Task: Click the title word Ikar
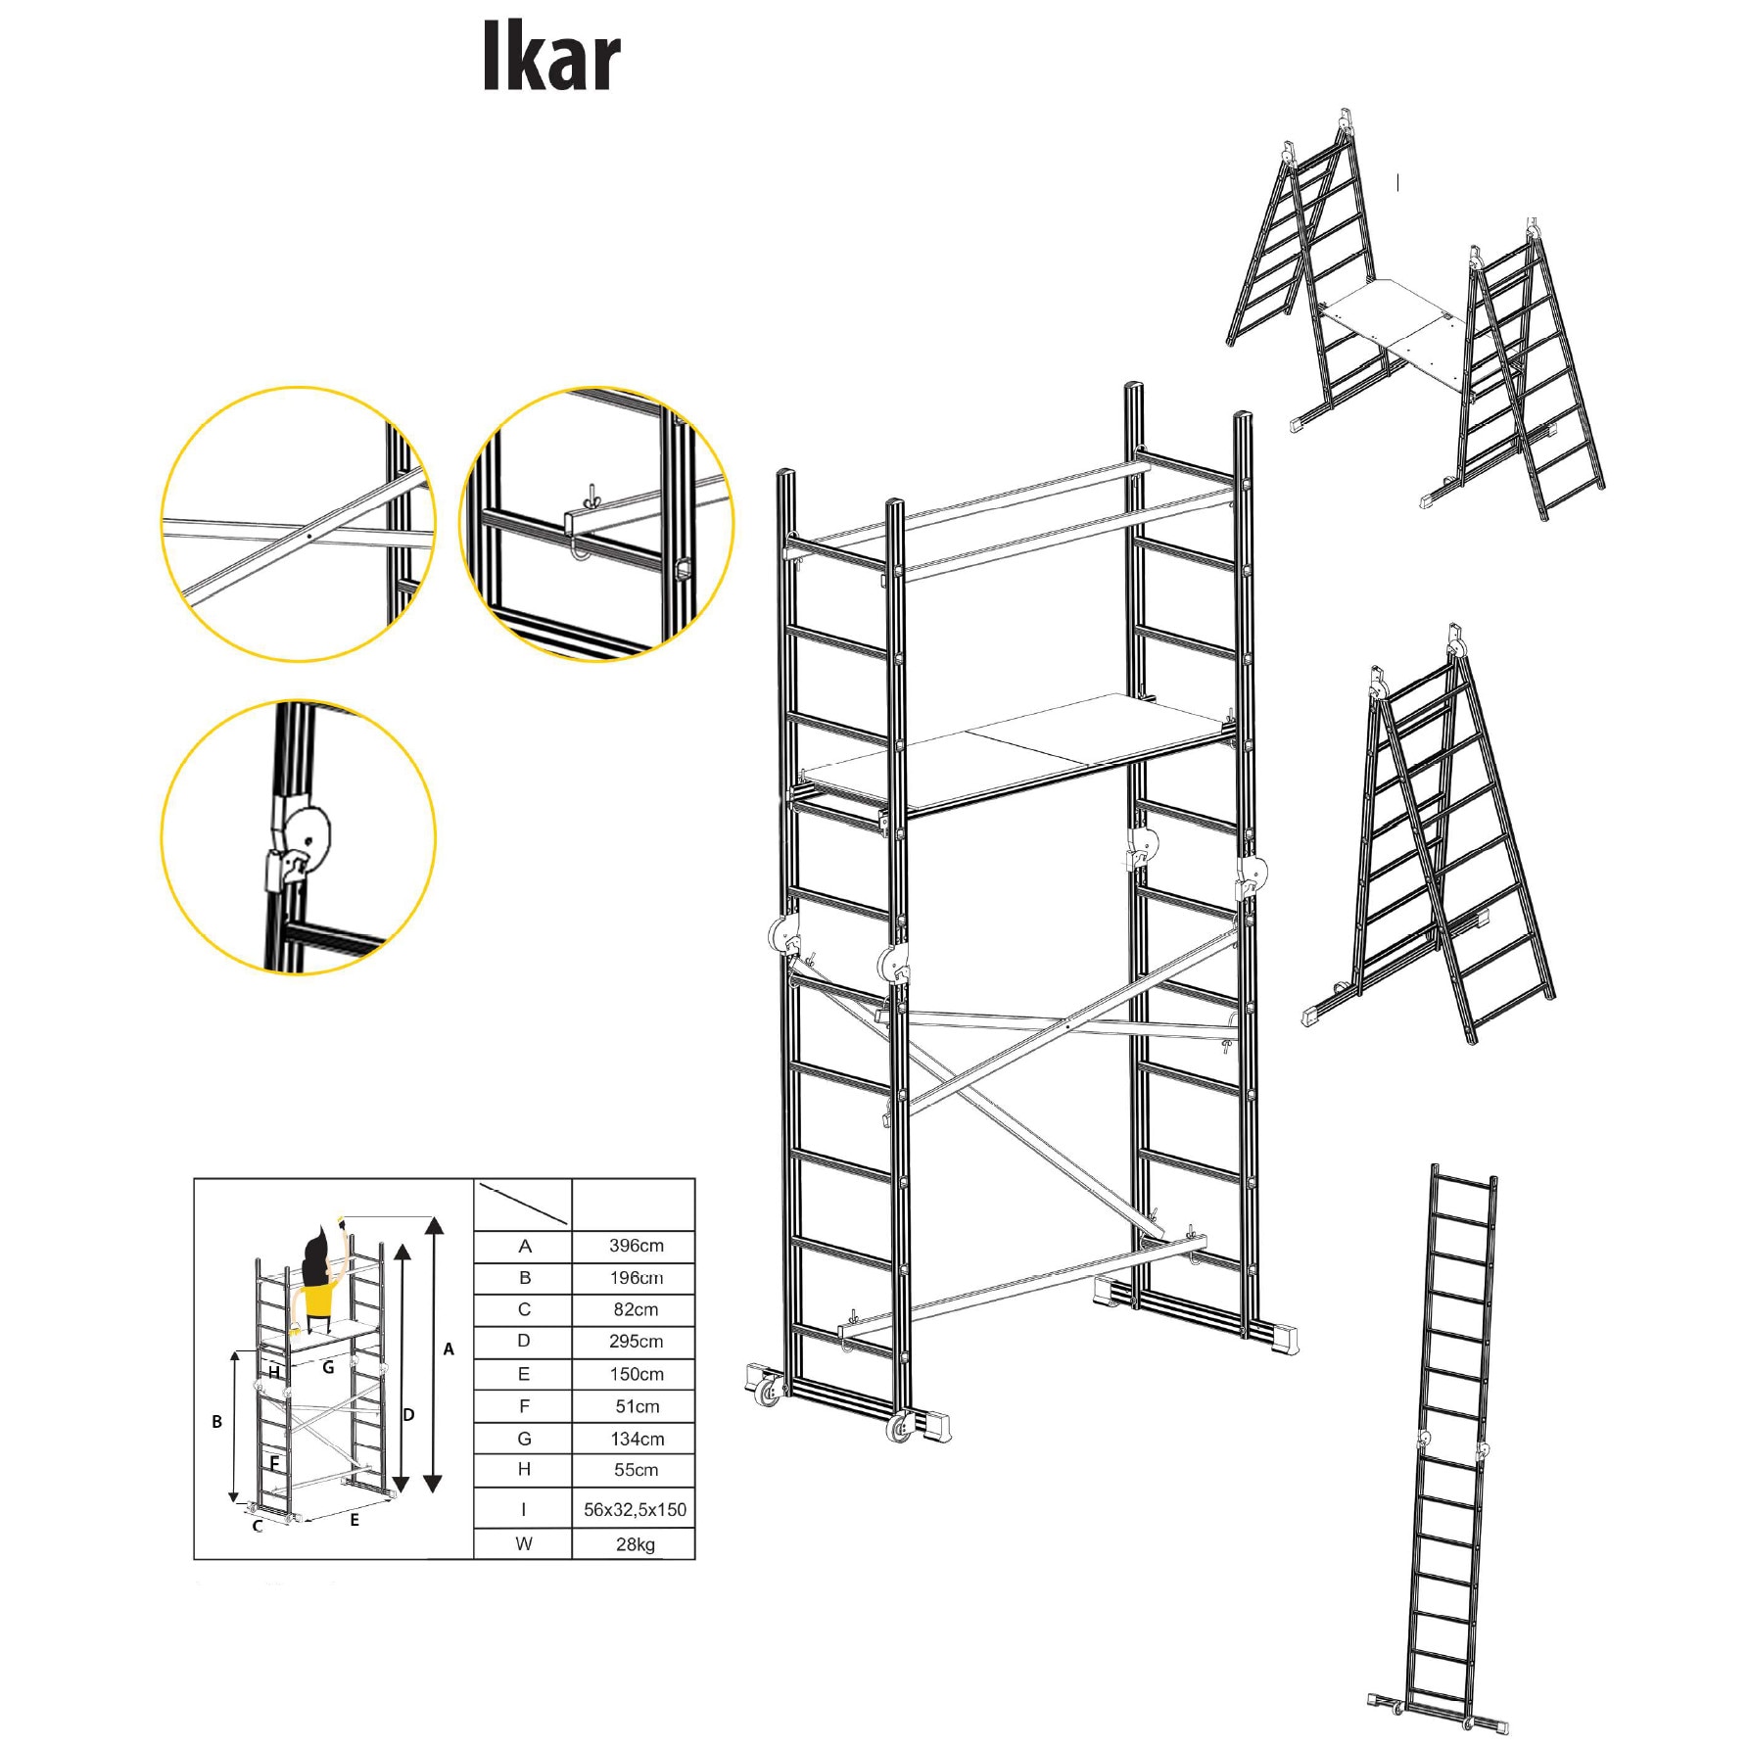[x=551, y=57]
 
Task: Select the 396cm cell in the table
[x=636, y=1246]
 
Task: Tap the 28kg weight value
[x=636, y=1544]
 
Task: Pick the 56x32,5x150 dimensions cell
[x=635, y=1509]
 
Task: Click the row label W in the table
[x=524, y=1544]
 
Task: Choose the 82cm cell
[x=636, y=1309]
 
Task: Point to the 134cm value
[x=637, y=1439]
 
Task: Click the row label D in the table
[x=524, y=1341]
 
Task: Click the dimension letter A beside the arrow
[x=449, y=1349]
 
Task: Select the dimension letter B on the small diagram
[x=216, y=1422]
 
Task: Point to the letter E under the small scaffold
[x=355, y=1520]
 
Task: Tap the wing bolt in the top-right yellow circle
[x=591, y=494]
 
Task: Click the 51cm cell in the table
[x=637, y=1406]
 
